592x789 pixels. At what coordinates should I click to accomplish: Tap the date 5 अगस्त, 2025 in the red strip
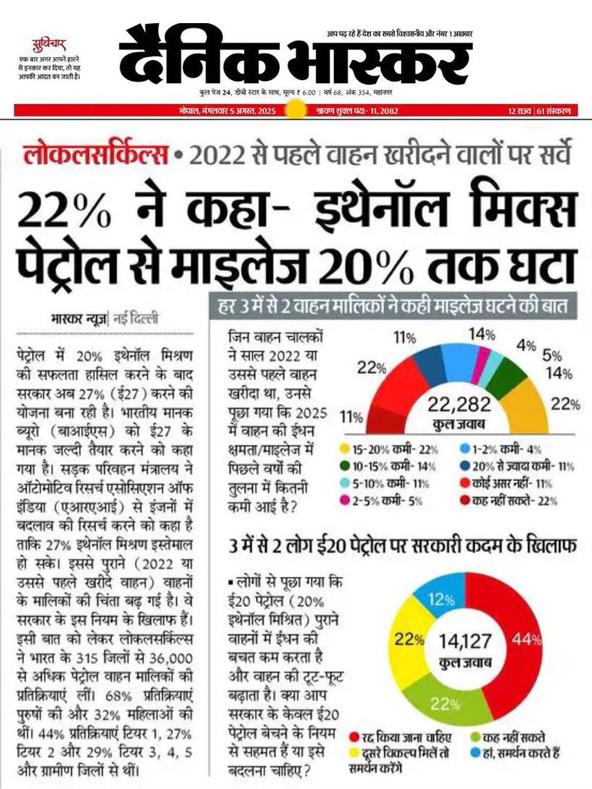coord(219,110)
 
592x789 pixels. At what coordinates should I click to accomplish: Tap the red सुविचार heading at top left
coord(49,42)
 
